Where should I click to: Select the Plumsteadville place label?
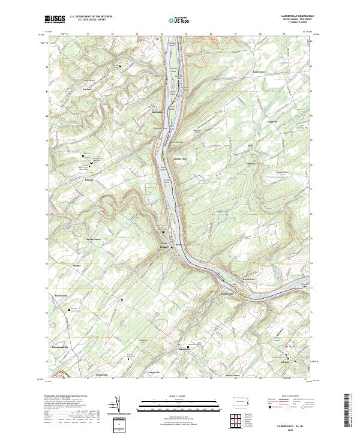61,347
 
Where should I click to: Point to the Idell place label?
251,146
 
